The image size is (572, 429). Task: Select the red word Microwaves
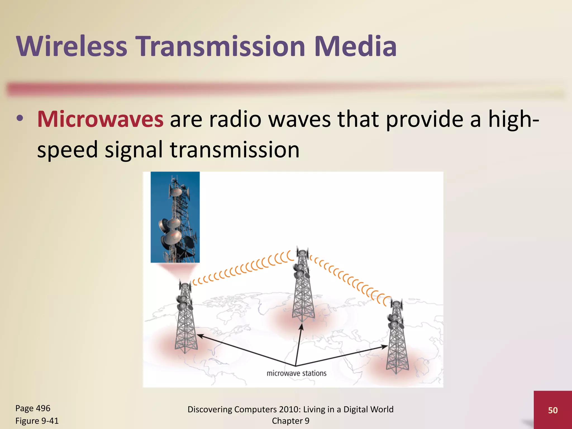pos(100,119)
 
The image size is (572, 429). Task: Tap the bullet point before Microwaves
pos(20,118)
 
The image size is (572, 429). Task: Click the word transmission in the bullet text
pos(235,150)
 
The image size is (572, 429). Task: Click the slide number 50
pos(553,410)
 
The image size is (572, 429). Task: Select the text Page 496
pos(33,408)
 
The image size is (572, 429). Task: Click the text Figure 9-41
pos(37,421)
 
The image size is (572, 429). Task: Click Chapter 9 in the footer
pos(290,421)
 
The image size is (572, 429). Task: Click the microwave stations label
pos(296,373)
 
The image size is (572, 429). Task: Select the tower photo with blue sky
pos(175,217)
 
